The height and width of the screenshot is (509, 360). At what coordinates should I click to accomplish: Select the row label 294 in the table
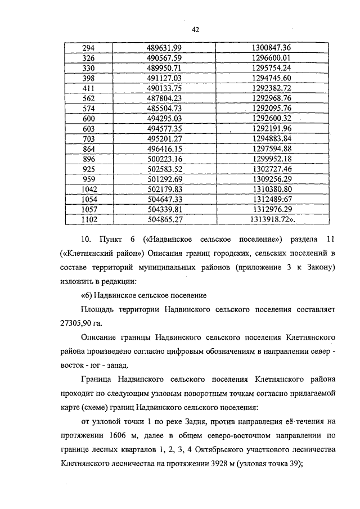tap(89, 48)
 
